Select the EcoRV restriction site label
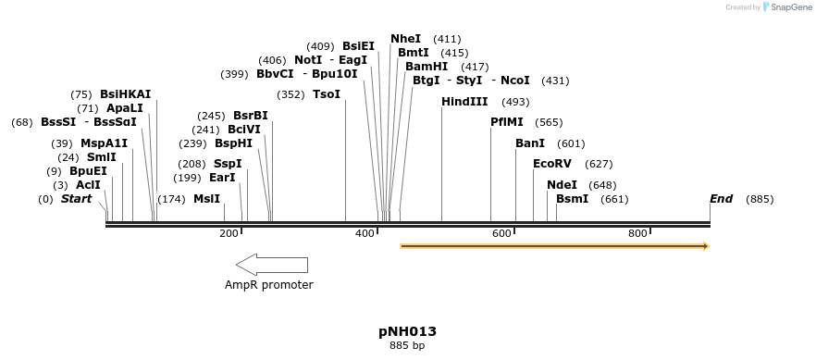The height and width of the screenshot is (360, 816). [552, 164]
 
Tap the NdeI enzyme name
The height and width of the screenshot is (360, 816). [562, 185]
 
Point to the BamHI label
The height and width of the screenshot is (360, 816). [427, 67]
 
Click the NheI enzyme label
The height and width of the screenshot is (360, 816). [405, 39]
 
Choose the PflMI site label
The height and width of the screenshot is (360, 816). [507, 122]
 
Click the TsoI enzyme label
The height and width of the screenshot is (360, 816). [327, 94]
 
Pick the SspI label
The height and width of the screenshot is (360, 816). [228, 164]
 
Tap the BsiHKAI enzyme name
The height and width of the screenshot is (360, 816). [126, 94]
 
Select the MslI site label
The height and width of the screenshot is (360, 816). [207, 199]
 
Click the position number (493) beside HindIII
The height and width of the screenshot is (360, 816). [515, 102]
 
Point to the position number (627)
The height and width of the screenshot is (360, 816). [599, 164]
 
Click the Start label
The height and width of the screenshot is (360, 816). [77, 199]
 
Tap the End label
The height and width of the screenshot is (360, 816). [722, 199]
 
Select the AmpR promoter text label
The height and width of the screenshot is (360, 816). [269, 285]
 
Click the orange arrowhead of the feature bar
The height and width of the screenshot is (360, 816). [705, 246]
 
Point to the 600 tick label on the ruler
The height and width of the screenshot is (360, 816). [501, 234]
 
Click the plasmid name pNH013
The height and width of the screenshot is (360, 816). [407, 331]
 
